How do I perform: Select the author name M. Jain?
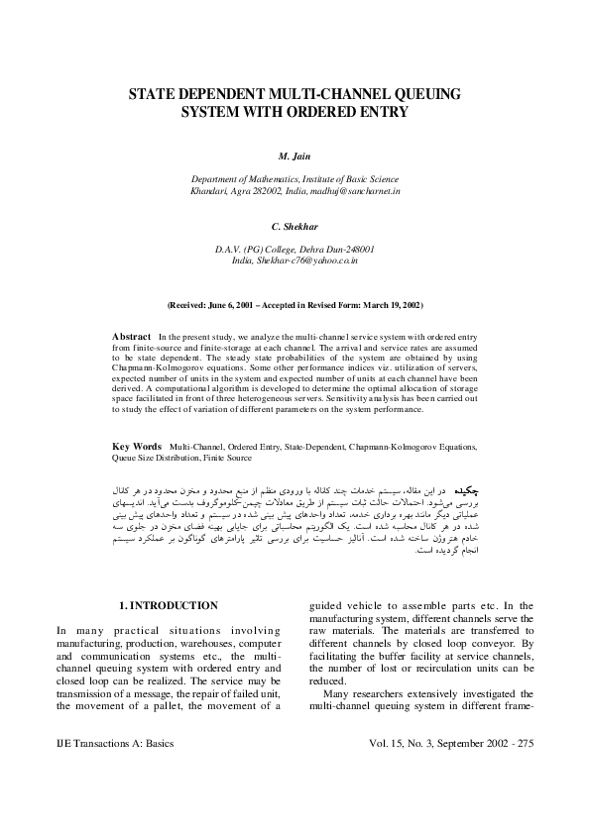[295, 157]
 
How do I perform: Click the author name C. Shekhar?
[295, 226]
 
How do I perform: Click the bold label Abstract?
[131, 337]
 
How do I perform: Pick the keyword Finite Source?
[225, 458]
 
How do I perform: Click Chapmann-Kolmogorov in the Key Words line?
[393, 447]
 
